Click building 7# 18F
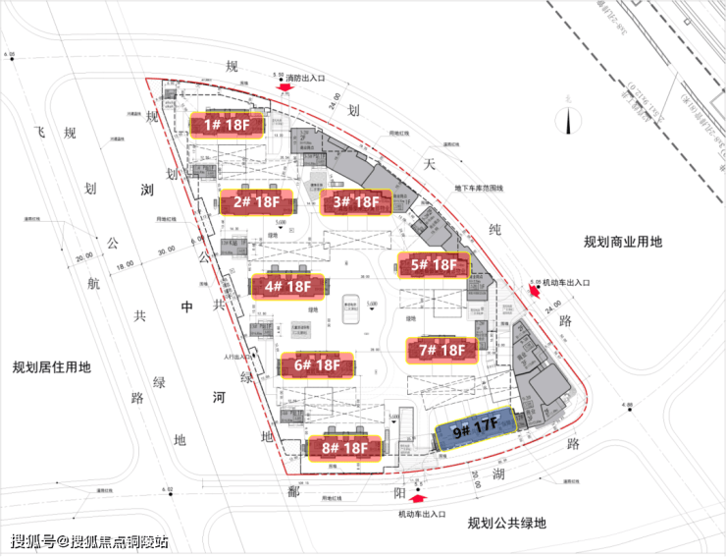click(x=441, y=350)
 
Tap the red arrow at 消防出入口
click(x=285, y=87)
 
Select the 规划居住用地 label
click(x=51, y=367)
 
